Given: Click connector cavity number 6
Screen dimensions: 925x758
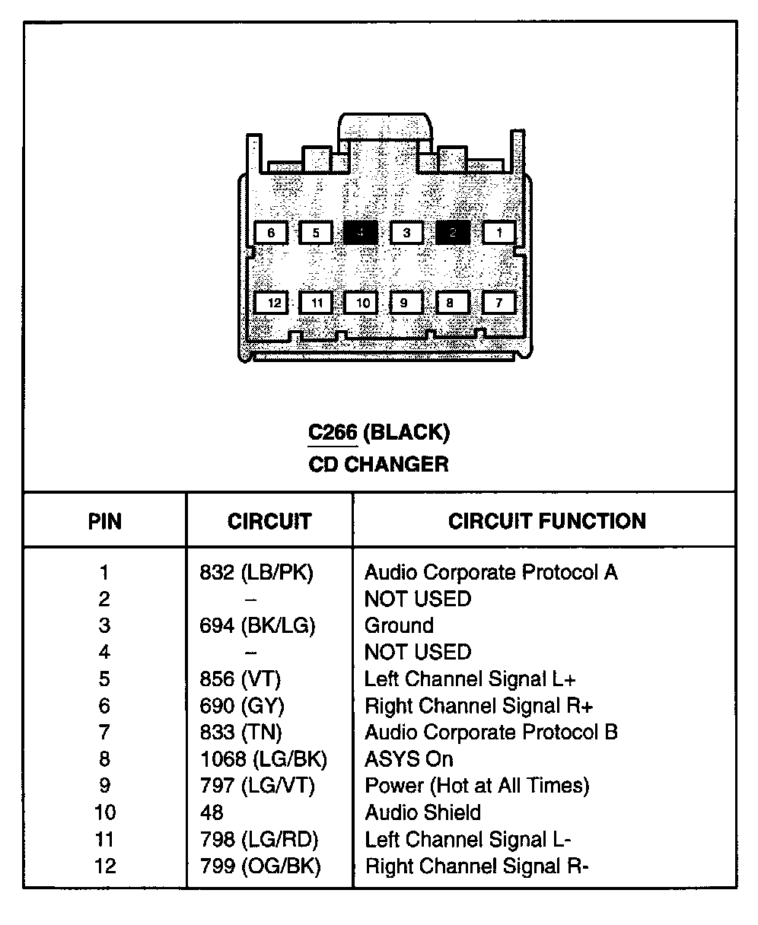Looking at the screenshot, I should [271, 233].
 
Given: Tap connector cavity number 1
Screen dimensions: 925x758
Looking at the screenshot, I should [500, 233].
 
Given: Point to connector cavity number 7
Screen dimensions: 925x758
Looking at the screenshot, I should [499, 303].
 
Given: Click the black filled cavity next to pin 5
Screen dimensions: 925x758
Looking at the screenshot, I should [360, 233].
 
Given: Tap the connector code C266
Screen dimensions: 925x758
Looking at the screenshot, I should [333, 433].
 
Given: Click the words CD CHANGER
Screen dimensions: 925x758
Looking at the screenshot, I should [378, 464].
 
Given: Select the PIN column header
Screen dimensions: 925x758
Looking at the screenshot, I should [105, 522].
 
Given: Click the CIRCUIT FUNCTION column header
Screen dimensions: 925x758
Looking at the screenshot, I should [546, 521].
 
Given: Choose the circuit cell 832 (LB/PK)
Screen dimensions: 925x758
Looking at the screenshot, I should [256, 572].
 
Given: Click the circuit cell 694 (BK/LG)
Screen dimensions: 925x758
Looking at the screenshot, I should [257, 625].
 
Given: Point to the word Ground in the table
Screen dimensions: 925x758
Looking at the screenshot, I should [399, 625].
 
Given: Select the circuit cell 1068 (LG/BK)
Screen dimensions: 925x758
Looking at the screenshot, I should [263, 758].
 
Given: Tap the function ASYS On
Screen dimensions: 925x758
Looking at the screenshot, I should [409, 758].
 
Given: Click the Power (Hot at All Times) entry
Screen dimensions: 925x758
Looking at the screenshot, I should [477, 785].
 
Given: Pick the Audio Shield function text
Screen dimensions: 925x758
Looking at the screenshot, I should [422, 812].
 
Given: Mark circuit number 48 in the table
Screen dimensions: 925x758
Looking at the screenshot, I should [212, 812].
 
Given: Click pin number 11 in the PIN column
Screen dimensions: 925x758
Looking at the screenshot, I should [105, 839].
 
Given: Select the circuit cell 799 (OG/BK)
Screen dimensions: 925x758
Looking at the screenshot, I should [260, 866].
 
